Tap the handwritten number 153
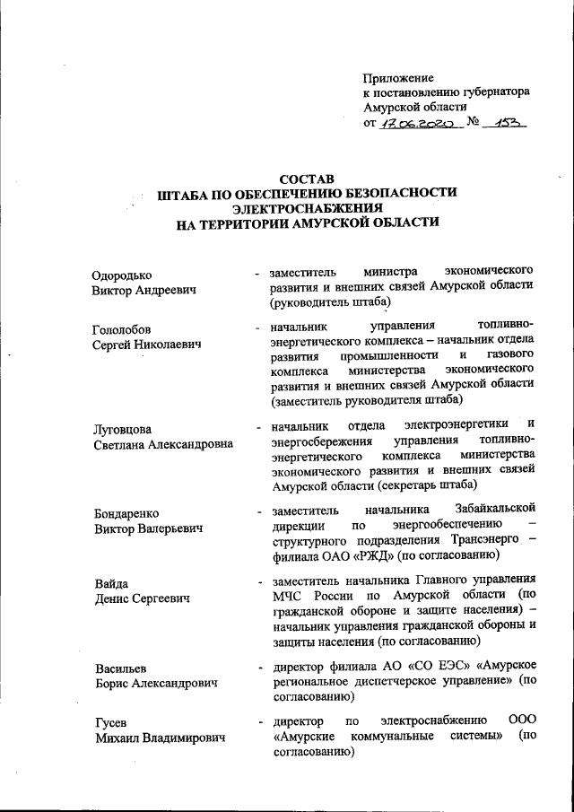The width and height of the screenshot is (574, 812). point(504,123)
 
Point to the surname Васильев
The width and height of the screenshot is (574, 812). point(121,668)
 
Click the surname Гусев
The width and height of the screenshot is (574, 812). point(110,722)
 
